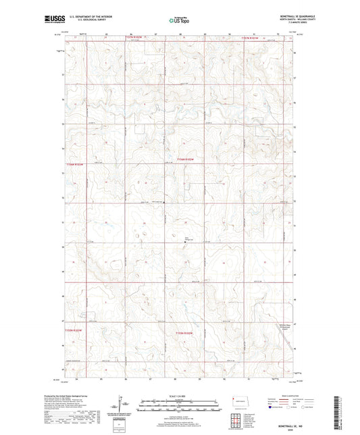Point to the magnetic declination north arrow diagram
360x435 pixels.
126,404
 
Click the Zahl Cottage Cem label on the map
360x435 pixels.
190,238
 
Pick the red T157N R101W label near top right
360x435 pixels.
254,38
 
